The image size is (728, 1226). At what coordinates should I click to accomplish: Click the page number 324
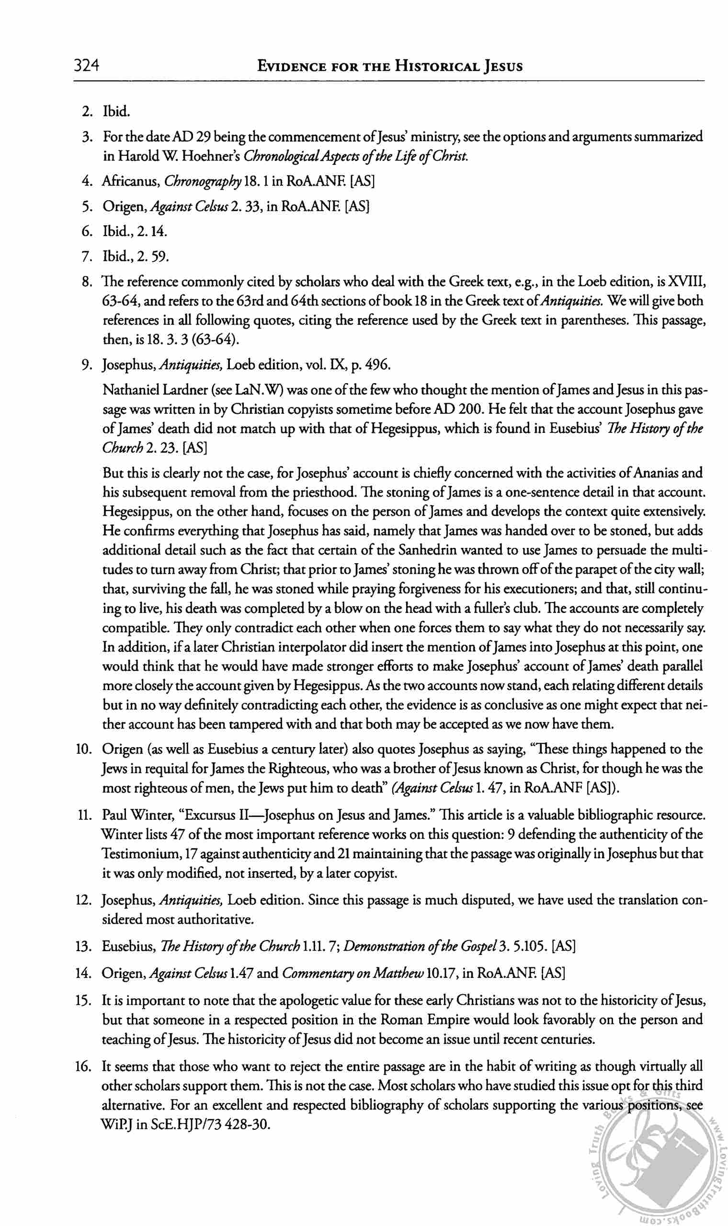point(87,65)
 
